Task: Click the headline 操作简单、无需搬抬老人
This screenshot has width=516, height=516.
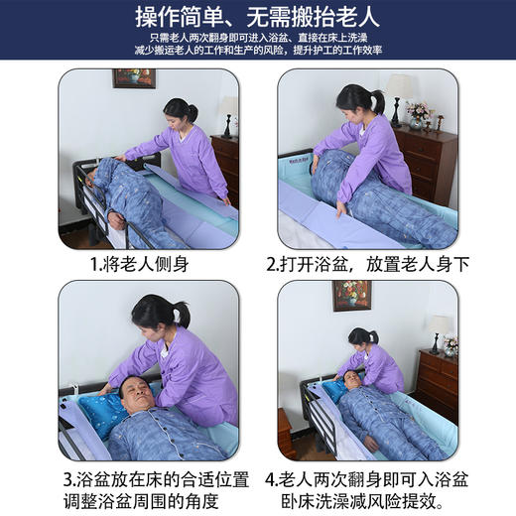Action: (x=258, y=18)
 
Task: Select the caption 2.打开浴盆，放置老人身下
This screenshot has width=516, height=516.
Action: (x=367, y=265)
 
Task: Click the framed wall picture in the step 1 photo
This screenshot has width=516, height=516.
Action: (x=133, y=77)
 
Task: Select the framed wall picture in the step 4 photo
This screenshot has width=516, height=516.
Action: (x=351, y=295)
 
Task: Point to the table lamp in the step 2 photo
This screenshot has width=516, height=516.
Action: (x=400, y=91)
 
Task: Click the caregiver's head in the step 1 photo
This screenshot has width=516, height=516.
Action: (x=180, y=110)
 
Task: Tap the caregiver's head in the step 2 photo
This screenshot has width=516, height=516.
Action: (x=355, y=100)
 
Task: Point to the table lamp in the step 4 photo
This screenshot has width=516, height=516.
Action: (x=439, y=330)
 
